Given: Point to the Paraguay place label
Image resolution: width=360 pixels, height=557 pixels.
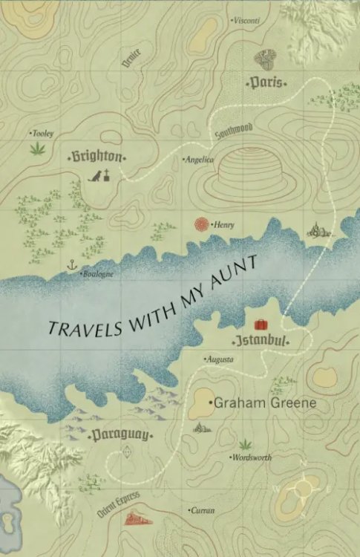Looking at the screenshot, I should [120, 434].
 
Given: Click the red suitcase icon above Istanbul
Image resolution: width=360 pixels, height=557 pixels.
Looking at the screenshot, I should [261, 324].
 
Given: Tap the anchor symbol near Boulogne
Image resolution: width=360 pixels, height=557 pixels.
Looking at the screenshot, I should [72, 265].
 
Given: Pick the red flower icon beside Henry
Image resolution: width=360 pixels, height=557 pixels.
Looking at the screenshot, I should [201, 224].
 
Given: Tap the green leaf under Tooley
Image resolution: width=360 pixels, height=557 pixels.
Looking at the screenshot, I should [35, 149].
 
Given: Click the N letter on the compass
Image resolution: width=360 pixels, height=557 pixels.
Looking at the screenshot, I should [303, 464].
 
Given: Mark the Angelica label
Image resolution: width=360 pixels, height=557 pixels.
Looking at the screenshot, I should [199, 159].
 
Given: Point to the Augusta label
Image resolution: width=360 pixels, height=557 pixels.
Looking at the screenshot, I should [220, 359].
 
